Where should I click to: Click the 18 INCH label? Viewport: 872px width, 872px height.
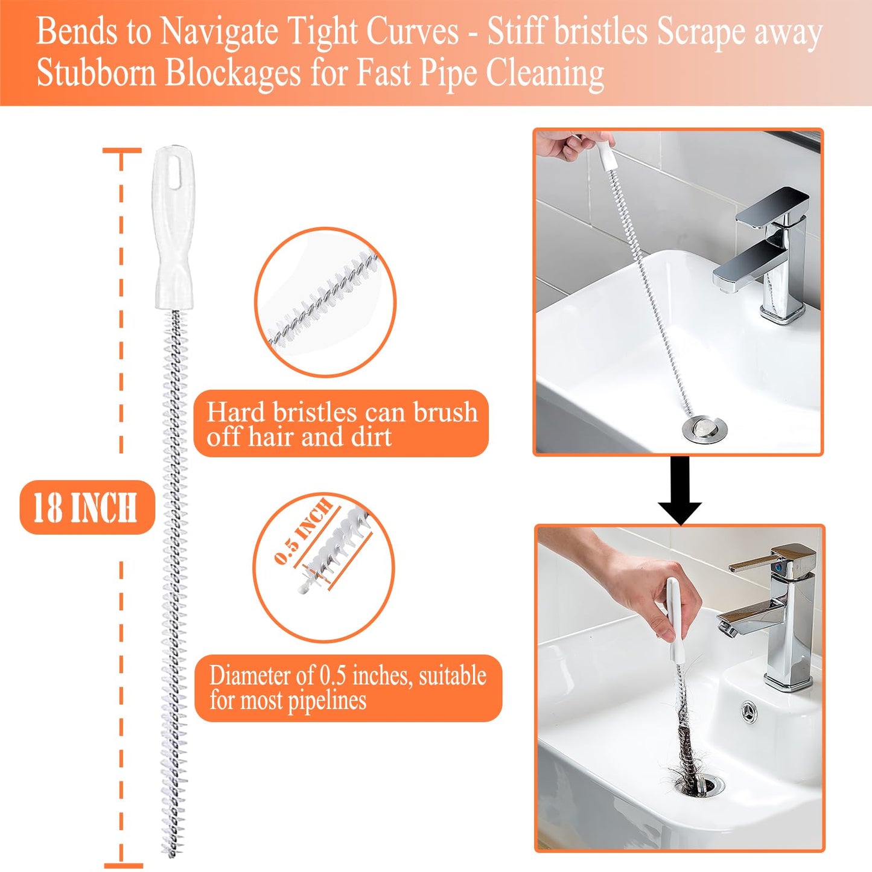(86, 508)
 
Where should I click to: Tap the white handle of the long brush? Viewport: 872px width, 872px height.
(174, 241)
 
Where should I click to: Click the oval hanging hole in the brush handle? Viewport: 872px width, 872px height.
(174, 171)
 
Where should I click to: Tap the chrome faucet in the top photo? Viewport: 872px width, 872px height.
(766, 253)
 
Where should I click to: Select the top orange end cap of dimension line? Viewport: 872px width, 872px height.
(122, 150)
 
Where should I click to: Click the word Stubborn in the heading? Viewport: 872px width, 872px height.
(96, 74)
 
